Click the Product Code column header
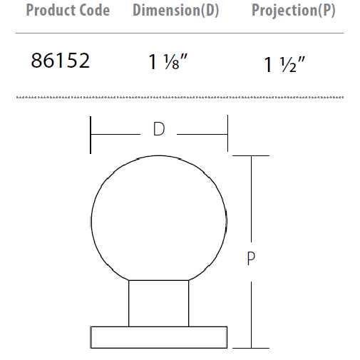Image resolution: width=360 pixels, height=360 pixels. coord(68,11)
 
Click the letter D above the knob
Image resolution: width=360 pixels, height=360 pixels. coord(159,129)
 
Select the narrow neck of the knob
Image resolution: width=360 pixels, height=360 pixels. coord(159,303)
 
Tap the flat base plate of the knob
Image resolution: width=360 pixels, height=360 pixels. coord(159,337)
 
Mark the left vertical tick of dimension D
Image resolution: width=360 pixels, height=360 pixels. coord(91,134)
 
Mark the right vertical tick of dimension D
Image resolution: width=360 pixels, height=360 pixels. coord(227,134)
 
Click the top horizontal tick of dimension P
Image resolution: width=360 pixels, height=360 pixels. coord(251,155)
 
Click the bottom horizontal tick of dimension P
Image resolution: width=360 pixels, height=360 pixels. coord(251,347)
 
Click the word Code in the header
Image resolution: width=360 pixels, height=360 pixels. coord(94,11)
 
